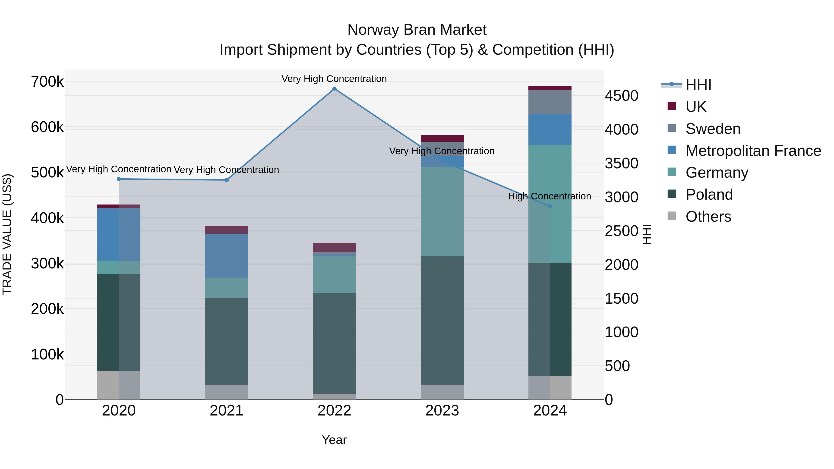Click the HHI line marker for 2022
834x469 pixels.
(335, 89)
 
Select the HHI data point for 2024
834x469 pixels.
(550, 206)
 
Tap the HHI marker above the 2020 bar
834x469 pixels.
(119, 179)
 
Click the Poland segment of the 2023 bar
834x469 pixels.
(442, 321)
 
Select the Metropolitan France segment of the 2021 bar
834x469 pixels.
(226, 255)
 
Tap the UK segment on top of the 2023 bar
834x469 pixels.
(442, 138)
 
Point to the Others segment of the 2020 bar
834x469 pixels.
(119, 385)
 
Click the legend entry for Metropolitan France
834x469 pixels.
(753, 151)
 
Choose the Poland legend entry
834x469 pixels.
(709, 195)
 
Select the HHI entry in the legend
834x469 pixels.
(698, 85)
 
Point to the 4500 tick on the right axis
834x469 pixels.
(621, 96)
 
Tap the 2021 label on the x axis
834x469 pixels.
(226, 411)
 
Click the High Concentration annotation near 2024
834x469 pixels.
(550, 196)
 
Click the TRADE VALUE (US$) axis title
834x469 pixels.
(7, 234)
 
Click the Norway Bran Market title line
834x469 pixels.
(417, 30)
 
